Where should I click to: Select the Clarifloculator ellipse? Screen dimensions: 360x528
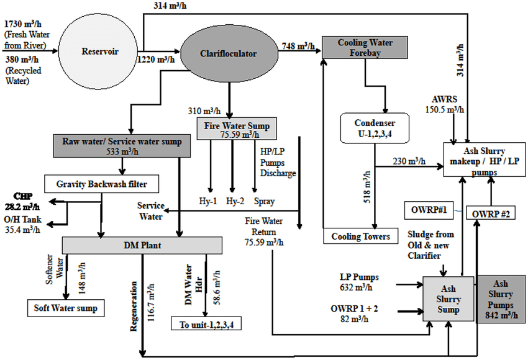pos(229,53)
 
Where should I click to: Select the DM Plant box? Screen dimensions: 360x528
pos(142,245)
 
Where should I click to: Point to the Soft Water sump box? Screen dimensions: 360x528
pos(65,307)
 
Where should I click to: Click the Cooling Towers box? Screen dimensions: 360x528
pos(360,236)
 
